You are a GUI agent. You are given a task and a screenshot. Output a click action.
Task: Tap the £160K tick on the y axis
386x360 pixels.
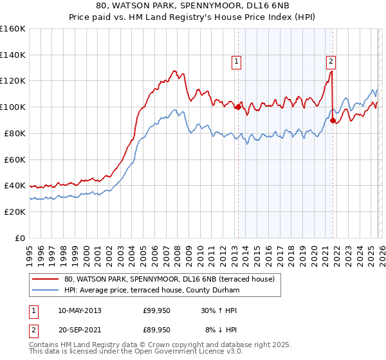13,29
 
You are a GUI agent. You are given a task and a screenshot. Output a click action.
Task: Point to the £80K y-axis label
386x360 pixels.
15,133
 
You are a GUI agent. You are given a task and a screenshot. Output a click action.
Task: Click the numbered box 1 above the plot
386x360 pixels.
237,62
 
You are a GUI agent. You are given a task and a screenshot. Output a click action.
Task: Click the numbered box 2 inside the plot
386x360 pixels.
331,62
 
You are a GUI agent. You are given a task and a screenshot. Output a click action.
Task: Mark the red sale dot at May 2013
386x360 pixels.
237,107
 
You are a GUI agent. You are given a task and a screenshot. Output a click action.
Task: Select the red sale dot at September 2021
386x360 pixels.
333,120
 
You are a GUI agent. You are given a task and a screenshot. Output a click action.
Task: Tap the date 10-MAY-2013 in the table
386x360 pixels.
79,310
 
